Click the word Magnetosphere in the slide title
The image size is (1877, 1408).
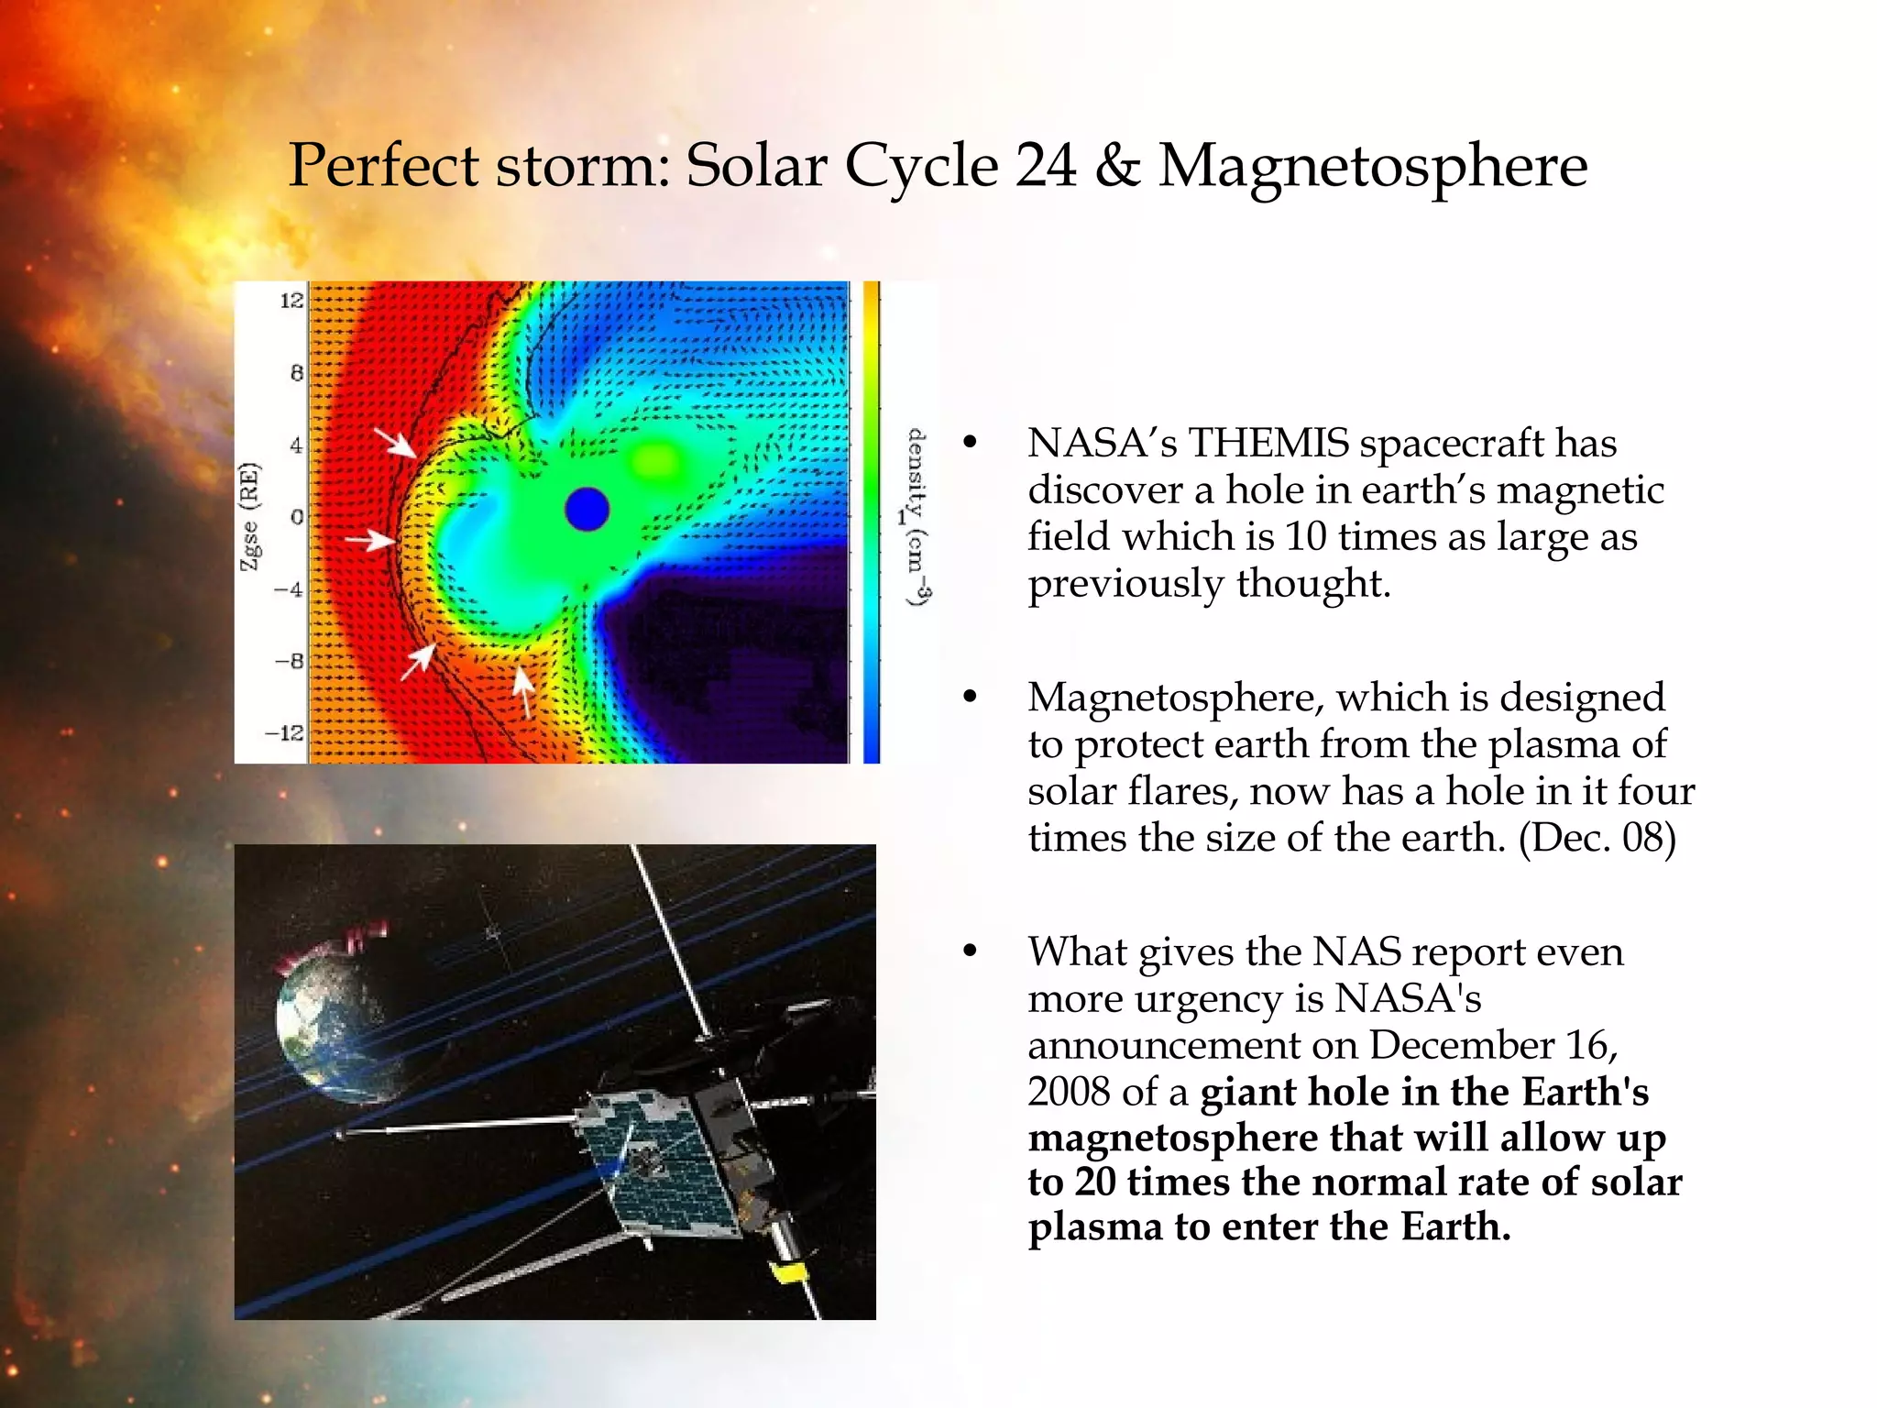(1372, 167)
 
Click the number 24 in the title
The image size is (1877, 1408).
(1046, 167)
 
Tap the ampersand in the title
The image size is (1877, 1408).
(1117, 167)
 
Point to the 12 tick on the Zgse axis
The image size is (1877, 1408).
(291, 301)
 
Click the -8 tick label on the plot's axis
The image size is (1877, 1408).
(290, 661)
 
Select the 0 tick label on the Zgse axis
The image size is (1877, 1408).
(296, 517)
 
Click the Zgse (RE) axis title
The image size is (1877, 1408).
(250, 517)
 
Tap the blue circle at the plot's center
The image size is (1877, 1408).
(587, 510)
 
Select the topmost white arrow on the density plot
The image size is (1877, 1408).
(397, 442)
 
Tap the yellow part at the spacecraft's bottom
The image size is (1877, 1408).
(788, 1272)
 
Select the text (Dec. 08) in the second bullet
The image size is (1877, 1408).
(1597, 838)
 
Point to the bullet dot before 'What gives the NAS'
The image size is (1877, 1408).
(971, 951)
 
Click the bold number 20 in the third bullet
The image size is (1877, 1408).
(1095, 1182)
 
